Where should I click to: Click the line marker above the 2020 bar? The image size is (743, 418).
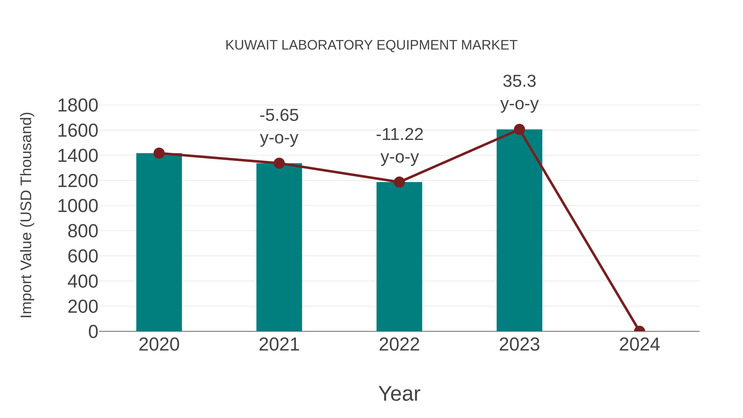click(x=159, y=153)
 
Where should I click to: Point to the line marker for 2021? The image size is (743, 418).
click(x=279, y=163)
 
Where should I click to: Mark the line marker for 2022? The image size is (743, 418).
click(x=399, y=182)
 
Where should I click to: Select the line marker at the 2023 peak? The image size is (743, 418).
click(x=519, y=129)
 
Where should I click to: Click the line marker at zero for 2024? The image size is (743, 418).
click(x=639, y=331)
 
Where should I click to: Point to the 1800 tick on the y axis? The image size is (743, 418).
click(x=78, y=105)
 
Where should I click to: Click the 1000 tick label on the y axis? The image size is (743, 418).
click(x=78, y=206)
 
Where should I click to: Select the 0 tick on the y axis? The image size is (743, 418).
click(x=93, y=332)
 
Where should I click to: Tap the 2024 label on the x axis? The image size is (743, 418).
click(x=639, y=345)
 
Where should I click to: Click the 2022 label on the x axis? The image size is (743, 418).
click(x=399, y=345)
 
